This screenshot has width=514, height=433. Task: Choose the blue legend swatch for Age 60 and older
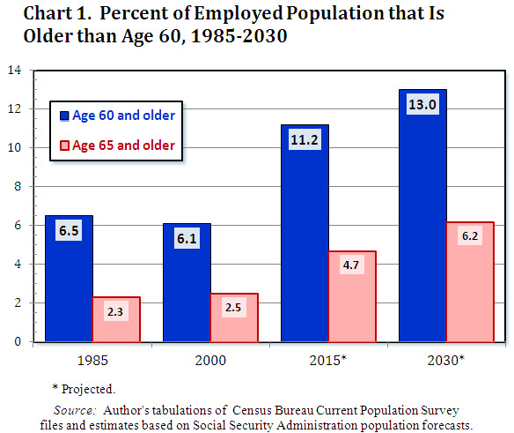pyautogui.click(x=64, y=116)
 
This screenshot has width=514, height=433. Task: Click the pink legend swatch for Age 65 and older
pyautogui.click(x=64, y=146)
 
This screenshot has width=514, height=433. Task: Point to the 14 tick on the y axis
pyautogui.click(x=16, y=70)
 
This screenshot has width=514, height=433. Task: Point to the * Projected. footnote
pyautogui.click(x=83, y=388)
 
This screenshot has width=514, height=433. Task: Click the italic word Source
pyautogui.click(x=73, y=410)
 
